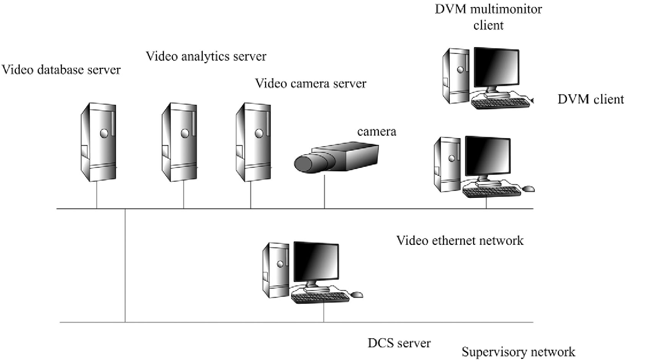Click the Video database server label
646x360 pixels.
(61, 70)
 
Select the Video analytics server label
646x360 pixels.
(206, 57)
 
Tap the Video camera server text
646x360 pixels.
(311, 83)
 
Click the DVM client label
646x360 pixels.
(591, 99)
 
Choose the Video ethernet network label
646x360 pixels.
(460, 241)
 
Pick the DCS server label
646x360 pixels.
(399, 343)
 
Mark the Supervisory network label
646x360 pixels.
(518, 352)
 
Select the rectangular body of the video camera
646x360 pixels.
(358, 157)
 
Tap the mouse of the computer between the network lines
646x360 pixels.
(357, 295)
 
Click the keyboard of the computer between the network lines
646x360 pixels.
(320, 298)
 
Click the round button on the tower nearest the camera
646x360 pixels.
(259, 133)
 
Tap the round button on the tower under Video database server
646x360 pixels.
(104, 133)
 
